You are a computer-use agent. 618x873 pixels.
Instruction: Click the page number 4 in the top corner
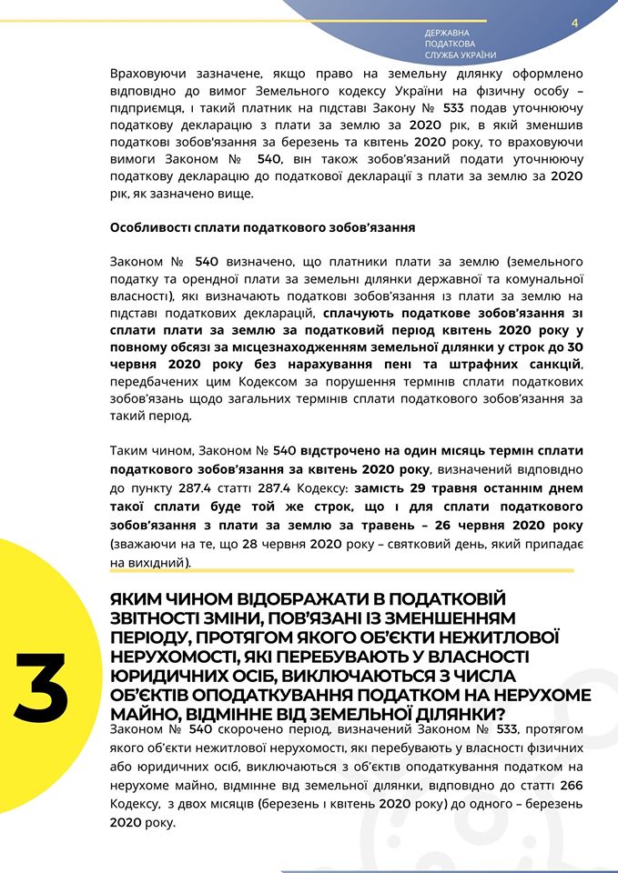tap(575, 23)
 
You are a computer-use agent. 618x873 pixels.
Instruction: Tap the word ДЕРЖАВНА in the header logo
tap(447, 33)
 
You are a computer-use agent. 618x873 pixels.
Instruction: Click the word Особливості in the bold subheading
tap(148, 227)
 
